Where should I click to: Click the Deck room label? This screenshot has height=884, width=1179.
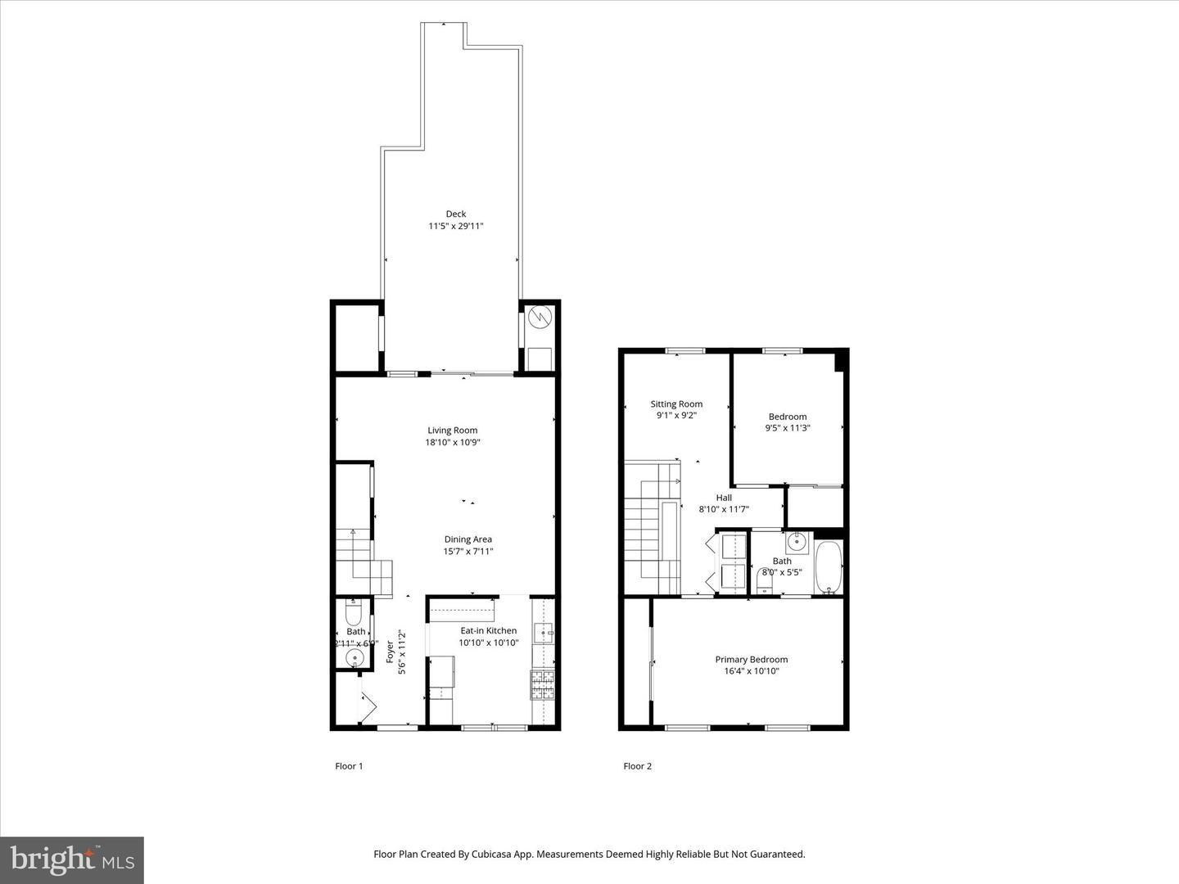point(456,214)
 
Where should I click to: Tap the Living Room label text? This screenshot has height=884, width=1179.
point(452,431)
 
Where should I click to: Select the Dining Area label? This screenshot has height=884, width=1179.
point(468,539)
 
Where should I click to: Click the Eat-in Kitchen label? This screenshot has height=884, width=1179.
point(488,631)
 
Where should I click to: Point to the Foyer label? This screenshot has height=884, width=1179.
point(391,652)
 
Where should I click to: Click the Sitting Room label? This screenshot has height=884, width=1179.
point(676,404)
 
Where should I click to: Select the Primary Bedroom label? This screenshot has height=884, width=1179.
point(751,660)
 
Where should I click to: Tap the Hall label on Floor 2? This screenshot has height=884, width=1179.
point(724,498)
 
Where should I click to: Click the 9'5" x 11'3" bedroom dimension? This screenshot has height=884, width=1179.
point(788,428)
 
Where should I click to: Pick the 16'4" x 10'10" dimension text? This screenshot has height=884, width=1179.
point(751,671)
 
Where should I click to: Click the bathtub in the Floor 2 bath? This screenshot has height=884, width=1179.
point(829,567)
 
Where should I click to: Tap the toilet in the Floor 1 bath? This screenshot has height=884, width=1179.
point(354,613)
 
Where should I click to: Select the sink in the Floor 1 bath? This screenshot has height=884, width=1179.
point(355,657)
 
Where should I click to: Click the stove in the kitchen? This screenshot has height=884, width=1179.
point(542,686)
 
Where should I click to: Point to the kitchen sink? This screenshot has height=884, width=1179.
point(544,633)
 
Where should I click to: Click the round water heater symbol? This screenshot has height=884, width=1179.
point(540,317)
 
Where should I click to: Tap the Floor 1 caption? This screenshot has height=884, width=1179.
point(349,766)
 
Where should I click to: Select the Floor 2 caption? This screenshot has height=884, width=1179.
point(637,766)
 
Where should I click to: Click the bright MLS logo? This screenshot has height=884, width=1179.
point(72,859)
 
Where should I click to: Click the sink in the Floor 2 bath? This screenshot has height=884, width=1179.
point(797,542)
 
